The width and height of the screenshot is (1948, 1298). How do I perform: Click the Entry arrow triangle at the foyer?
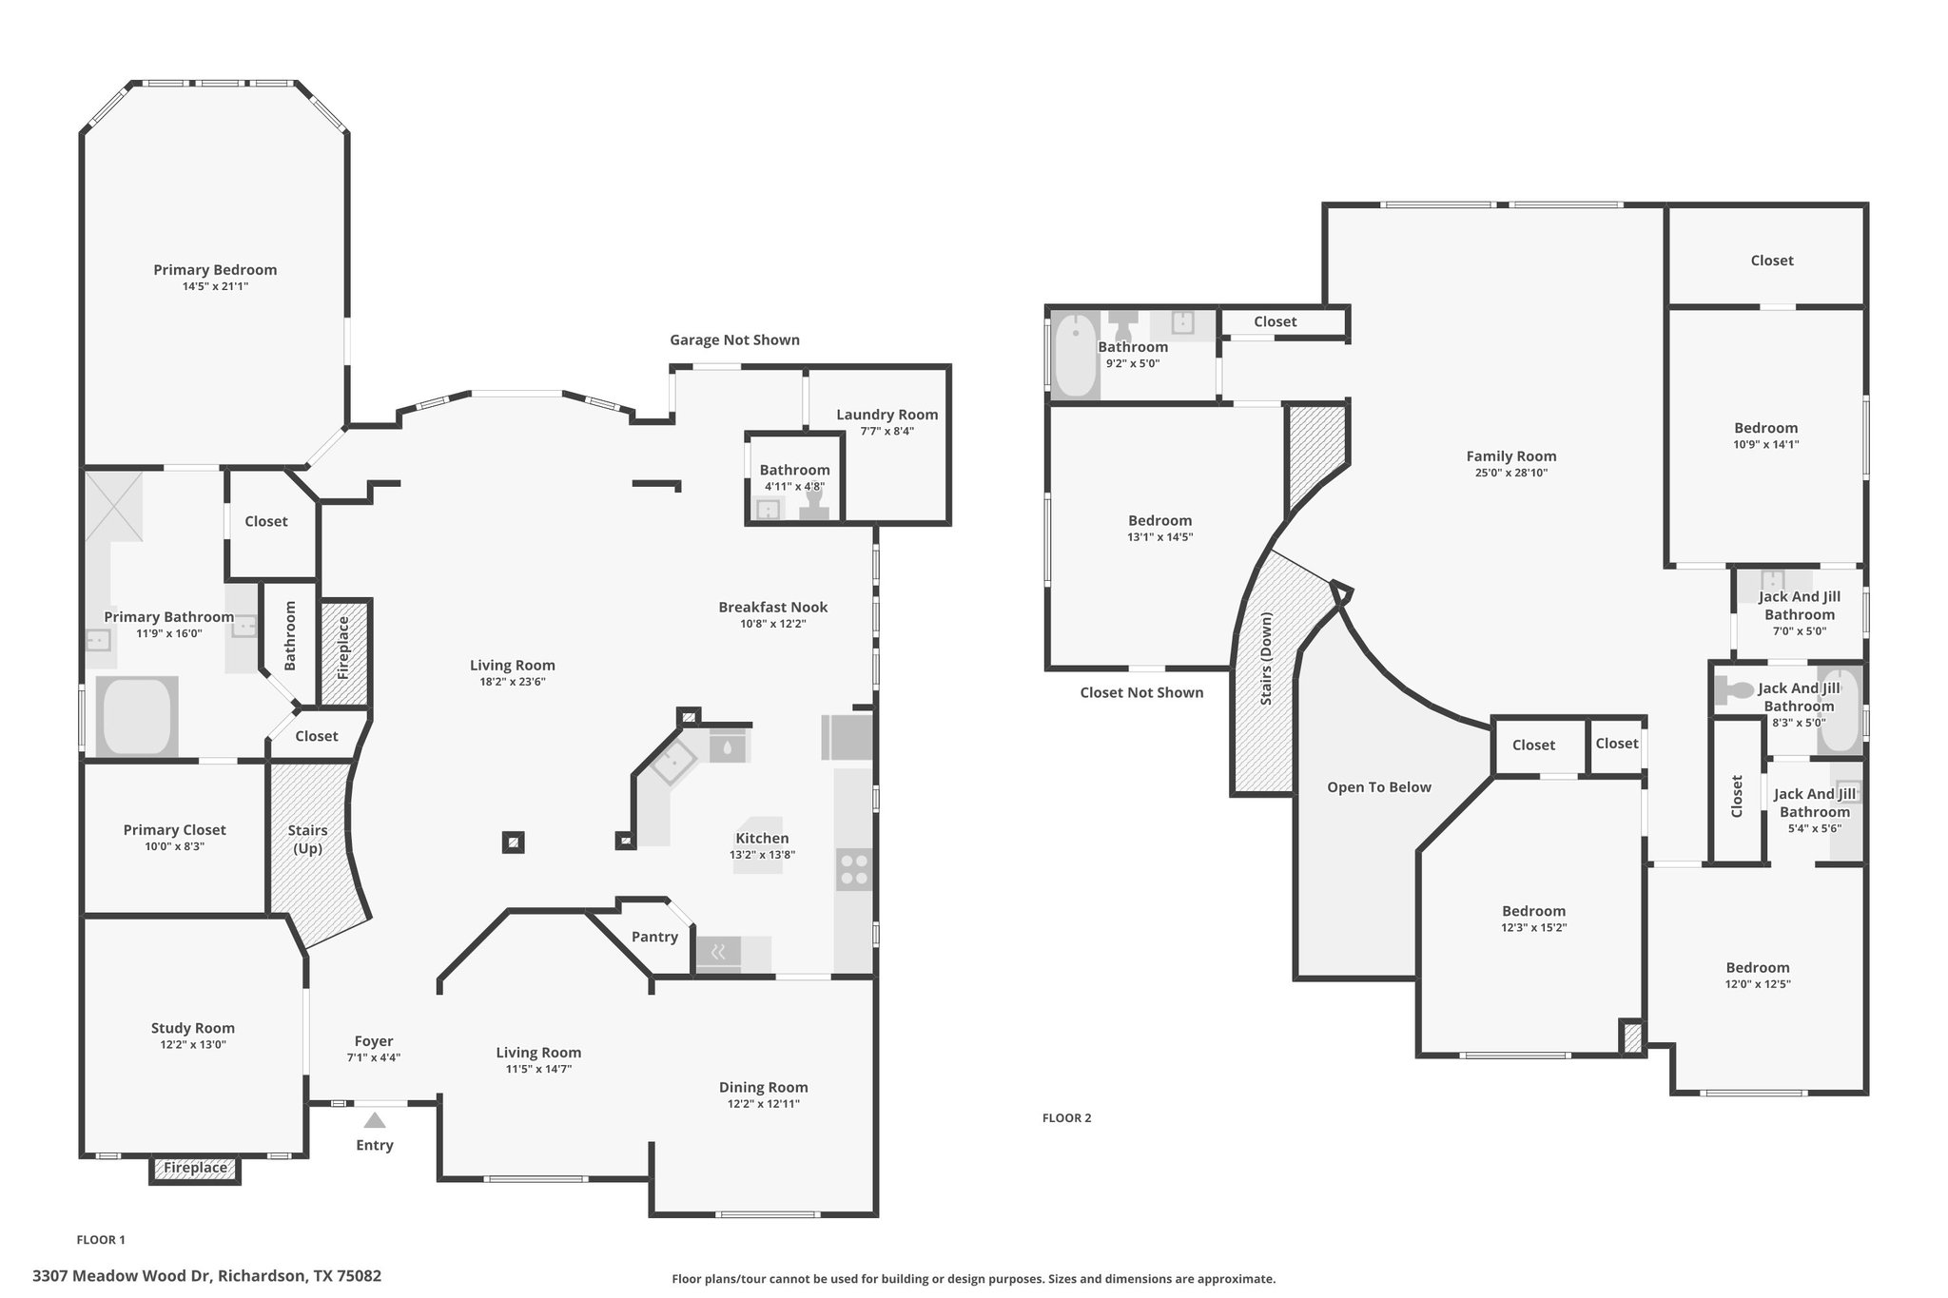pos(375,1120)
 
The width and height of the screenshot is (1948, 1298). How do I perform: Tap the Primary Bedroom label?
pos(215,270)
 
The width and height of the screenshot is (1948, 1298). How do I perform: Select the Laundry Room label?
pos(887,415)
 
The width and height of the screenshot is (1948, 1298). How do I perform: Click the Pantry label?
pos(654,937)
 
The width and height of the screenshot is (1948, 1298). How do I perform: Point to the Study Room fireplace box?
pos(195,1169)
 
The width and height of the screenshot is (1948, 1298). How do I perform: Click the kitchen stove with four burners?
pos(853,869)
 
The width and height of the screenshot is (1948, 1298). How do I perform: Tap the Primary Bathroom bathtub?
pos(137,716)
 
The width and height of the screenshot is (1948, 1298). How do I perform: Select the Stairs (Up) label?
pos(308,839)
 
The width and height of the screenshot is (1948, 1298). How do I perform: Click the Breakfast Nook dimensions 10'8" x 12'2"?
pos(773,624)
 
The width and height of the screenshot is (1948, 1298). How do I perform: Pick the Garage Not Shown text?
pos(734,340)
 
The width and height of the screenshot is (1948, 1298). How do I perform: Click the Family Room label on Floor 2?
pos(1511,456)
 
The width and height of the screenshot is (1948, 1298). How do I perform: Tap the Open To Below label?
pos(1379,787)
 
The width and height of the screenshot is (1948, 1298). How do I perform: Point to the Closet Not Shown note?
pos(1141,692)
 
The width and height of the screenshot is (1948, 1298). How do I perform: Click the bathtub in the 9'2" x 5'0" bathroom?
pos(1076,356)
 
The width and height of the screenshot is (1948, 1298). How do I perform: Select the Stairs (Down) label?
pos(1267,659)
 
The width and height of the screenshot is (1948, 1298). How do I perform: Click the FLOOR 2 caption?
pos(1066,1118)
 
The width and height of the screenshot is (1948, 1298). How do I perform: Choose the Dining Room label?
pos(763,1088)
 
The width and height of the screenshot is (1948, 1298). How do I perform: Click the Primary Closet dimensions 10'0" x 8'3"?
pos(175,846)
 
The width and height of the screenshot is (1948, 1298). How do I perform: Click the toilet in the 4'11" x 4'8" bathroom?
pos(814,504)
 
